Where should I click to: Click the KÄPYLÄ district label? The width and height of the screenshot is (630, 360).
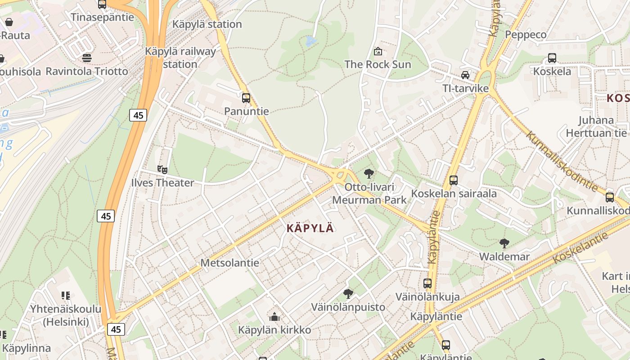(310, 228)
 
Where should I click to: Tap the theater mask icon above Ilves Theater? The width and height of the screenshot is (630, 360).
(162, 170)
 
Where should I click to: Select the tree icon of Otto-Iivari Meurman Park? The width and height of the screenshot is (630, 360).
(369, 173)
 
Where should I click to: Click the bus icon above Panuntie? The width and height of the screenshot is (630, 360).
(246, 98)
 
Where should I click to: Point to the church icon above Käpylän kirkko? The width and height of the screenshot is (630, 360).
(274, 317)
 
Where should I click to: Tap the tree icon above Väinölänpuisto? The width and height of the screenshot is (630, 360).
(348, 294)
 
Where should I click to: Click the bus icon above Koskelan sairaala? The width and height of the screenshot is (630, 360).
(454, 180)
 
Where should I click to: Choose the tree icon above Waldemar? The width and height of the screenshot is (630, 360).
(504, 243)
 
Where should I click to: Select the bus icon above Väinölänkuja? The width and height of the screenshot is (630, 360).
(427, 283)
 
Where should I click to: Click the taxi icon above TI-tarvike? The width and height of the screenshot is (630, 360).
(465, 75)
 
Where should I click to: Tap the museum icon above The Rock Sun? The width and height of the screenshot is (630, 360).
(378, 51)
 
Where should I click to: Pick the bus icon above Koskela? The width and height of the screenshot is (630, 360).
(552, 58)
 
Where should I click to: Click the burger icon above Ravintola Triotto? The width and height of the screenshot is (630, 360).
(87, 58)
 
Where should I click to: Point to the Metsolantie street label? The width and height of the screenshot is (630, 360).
(229, 263)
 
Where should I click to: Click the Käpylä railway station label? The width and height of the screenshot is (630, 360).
(180, 58)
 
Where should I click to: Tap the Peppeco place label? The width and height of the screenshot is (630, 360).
(526, 35)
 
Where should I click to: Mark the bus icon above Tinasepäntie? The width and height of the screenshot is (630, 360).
(102, 4)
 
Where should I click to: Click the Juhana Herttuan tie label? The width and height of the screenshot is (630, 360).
(596, 126)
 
